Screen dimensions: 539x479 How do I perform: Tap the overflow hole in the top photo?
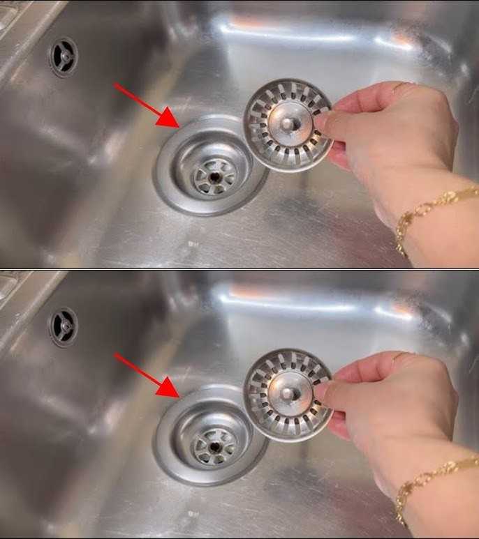click(x=64, y=56)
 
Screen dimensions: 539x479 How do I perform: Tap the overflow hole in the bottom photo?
click(x=64, y=326)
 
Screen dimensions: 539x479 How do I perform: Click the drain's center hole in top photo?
click(x=212, y=177)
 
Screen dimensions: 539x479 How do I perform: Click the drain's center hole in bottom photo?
click(x=212, y=448)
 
